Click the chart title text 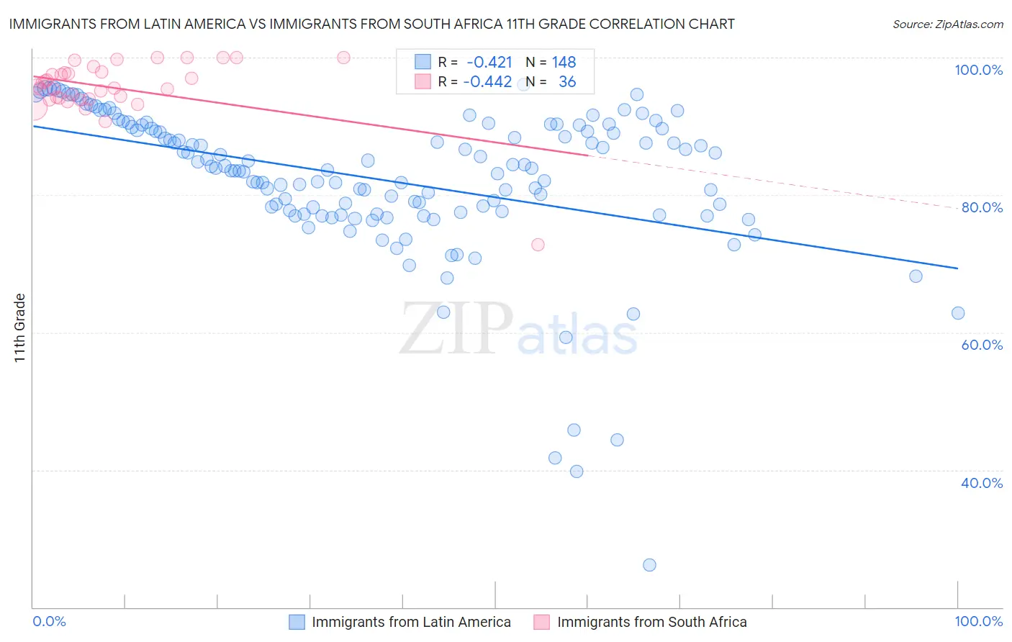(371, 24)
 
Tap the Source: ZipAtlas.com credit (947, 24)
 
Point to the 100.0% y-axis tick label (978, 70)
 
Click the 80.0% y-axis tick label (981, 207)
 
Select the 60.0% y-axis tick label (981, 345)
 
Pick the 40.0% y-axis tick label (981, 483)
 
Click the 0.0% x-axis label (50, 621)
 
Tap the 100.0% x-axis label (978, 621)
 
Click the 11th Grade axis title (19, 327)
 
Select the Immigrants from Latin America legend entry (411, 622)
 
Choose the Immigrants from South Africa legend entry (651, 622)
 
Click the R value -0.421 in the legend (489, 62)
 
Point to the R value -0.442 (487, 82)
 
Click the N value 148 (564, 62)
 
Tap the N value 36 (567, 82)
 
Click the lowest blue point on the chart (649, 565)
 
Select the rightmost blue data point (957, 313)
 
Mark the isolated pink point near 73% (538, 245)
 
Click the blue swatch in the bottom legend (297, 622)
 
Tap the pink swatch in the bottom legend (542, 622)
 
